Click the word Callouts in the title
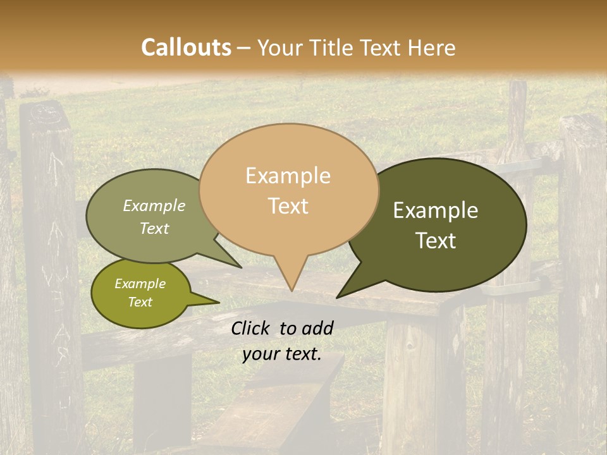[x=186, y=47]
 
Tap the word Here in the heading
[x=432, y=47]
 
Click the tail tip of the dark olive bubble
[x=338, y=297]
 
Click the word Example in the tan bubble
[x=288, y=176]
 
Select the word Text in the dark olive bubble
[x=436, y=241]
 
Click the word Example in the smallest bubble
[x=140, y=284]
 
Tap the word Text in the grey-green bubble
[x=154, y=228]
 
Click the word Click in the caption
[x=251, y=328]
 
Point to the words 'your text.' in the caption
[x=281, y=354]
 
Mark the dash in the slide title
[x=244, y=47]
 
